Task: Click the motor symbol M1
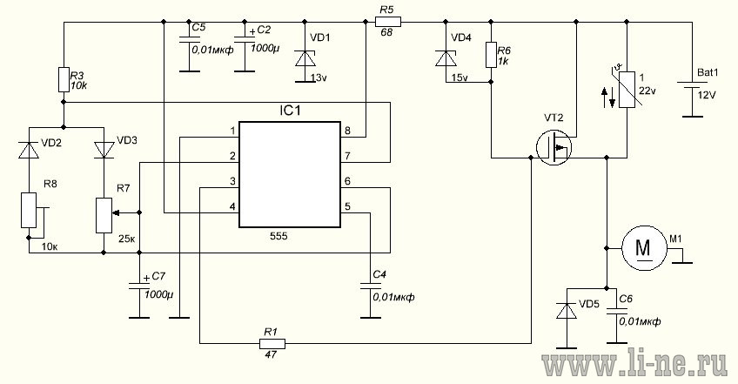pyautogui.click(x=643, y=248)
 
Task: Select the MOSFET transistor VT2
pyautogui.click(x=554, y=147)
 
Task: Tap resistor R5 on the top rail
pyautogui.click(x=388, y=21)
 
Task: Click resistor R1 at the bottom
pyautogui.click(x=272, y=343)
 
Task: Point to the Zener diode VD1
pyautogui.click(x=305, y=59)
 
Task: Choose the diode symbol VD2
pyautogui.click(x=29, y=150)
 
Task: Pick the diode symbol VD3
pyautogui.click(x=104, y=150)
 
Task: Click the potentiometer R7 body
pyautogui.click(x=104, y=215)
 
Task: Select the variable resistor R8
pyautogui.click(x=30, y=210)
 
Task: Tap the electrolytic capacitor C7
pyautogui.click(x=138, y=286)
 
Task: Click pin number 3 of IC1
pyautogui.click(x=232, y=181)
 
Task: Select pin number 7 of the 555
pyautogui.click(x=347, y=156)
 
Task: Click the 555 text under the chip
pyautogui.click(x=278, y=237)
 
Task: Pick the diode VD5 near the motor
pyautogui.click(x=567, y=311)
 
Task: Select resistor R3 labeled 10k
pyautogui.click(x=64, y=79)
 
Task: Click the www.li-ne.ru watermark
pyautogui.click(x=635, y=364)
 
